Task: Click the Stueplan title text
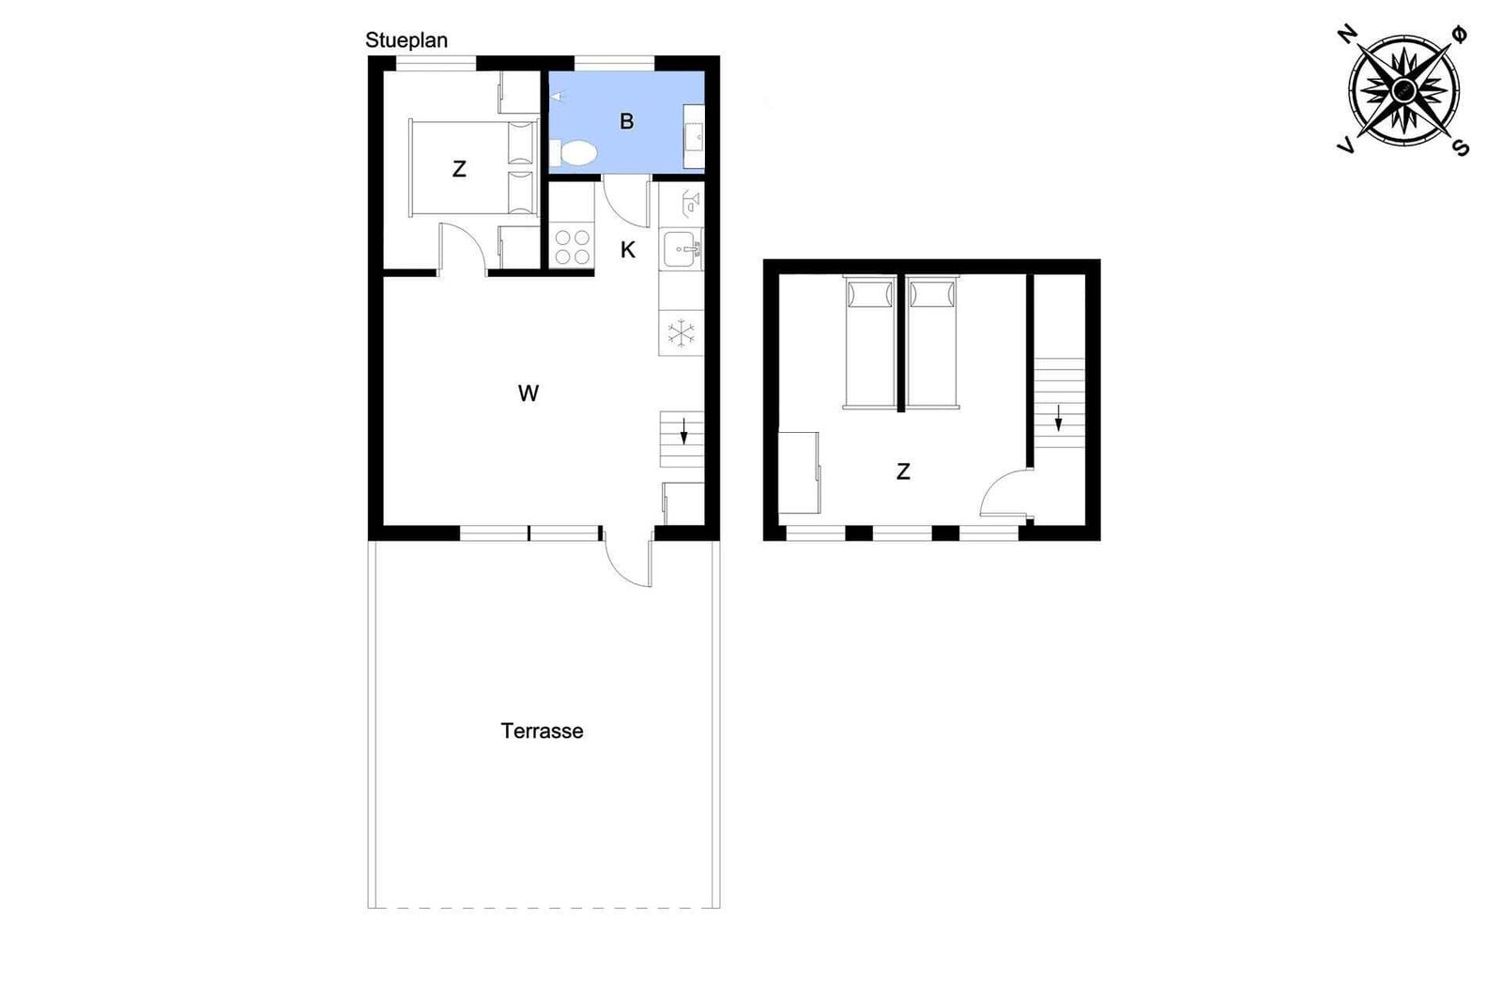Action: [406, 40]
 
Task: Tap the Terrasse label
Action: [542, 731]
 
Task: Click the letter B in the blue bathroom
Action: [627, 121]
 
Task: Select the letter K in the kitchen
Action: [628, 250]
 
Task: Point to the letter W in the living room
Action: [529, 393]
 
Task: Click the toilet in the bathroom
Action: [573, 154]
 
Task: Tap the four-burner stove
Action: [572, 247]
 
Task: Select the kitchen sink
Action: [682, 250]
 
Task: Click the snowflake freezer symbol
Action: [681, 332]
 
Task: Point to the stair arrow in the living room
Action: [684, 431]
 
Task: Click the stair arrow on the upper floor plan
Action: [1059, 417]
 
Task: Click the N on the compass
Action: [1347, 34]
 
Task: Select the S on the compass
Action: [1461, 146]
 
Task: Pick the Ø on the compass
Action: [1460, 34]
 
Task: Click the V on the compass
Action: [1346, 146]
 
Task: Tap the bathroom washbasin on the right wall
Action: [694, 137]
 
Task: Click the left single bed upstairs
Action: [869, 343]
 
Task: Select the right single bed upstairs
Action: [932, 343]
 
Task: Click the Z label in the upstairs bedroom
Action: [903, 472]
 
